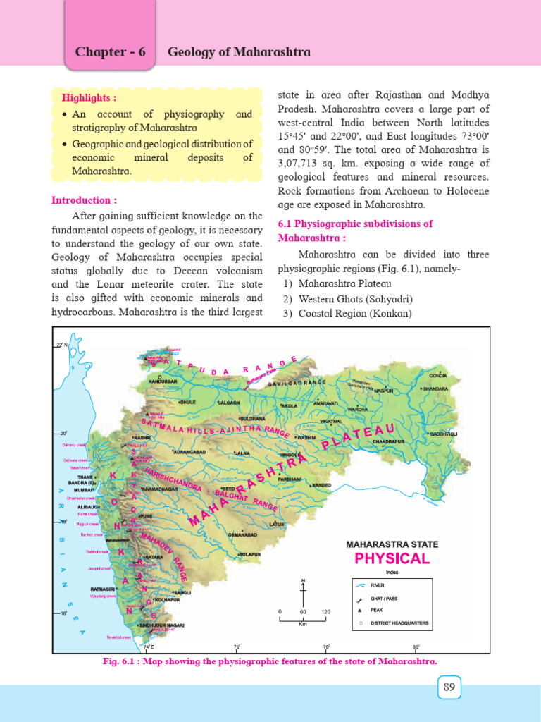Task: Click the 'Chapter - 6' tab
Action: click(110, 53)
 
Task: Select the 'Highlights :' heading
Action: click(89, 97)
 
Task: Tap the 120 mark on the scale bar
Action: click(325, 611)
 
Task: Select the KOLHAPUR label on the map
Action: click(168, 600)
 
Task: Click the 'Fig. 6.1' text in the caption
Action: click(118, 661)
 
